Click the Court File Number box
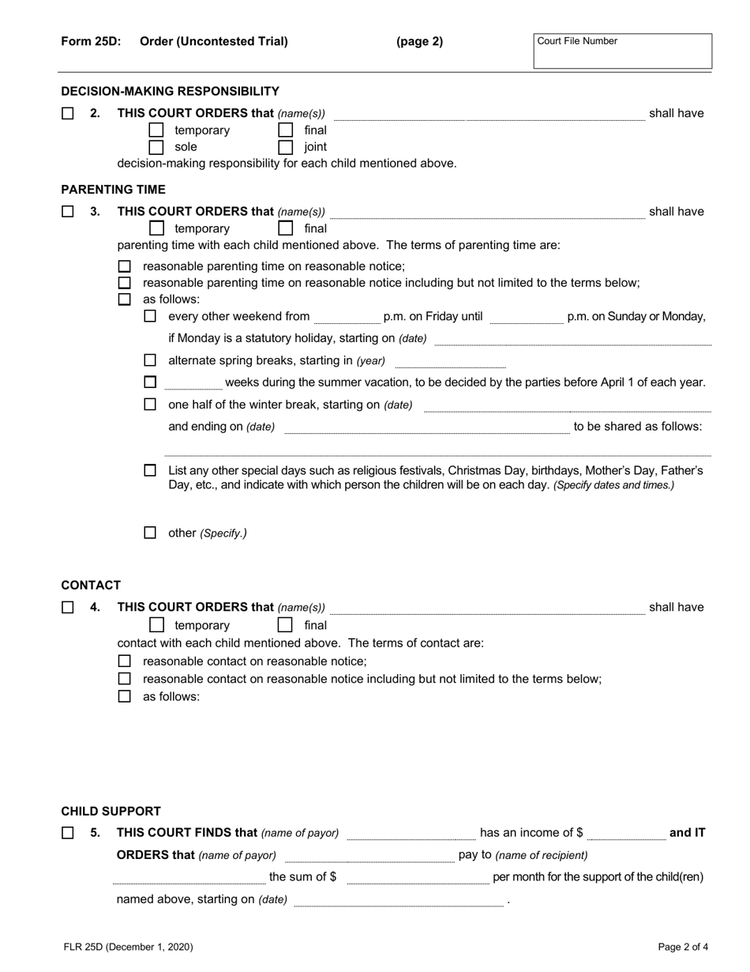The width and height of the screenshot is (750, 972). click(x=622, y=51)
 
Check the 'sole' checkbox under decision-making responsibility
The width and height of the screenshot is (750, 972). click(x=156, y=147)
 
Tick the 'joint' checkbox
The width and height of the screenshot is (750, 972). click(x=286, y=147)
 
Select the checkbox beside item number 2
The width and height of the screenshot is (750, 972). click(x=68, y=113)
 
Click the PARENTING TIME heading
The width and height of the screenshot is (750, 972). click(x=114, y=190)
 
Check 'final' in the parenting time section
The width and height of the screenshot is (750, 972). click(x=286, y=228)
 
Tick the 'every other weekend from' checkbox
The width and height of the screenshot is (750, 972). click(x=150, y=316)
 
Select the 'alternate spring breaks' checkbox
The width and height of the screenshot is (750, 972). click(x=150, y=360)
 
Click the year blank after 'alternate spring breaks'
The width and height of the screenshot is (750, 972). click(x=449, y=362)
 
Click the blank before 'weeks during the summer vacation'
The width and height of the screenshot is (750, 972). click(x=193, y=383)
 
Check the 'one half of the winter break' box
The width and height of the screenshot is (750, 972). click(x=150, y=405)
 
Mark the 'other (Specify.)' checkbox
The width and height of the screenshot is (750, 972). click(x=150, y=533)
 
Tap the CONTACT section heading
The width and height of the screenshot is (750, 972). click(x=91, y=586)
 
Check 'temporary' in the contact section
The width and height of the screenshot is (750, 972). click(x=156, y=625)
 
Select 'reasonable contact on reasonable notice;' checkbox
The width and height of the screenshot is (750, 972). click(x=124, y=661)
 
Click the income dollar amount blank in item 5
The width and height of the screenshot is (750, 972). click(x=626, y=834)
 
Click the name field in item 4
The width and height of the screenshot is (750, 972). click(x=487, y=608)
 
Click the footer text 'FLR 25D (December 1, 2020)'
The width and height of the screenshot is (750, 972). click(x=127, y=947)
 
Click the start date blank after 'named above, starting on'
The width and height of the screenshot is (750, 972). click(x=398, y=901)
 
